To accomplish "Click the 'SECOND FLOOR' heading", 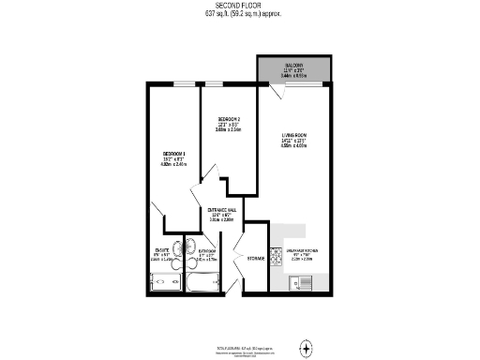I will (240, 5).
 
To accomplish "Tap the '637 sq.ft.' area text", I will (217, 14).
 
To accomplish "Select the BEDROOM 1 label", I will (174, 153).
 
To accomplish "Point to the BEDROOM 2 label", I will (229, 119).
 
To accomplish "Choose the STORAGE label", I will (255, 258).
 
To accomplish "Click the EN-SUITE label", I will (162, 249).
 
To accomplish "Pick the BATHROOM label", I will (208, 251).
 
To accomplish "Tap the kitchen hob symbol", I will (275, 254).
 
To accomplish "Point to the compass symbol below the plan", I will (307, 349).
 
